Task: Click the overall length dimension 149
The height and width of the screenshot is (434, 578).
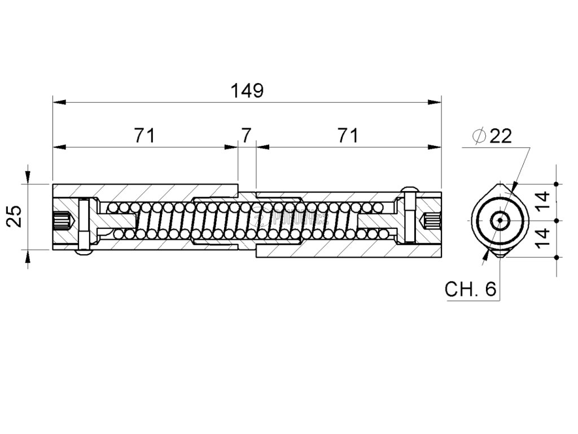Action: (247, 90)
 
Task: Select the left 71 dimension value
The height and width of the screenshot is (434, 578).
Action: (144, 136)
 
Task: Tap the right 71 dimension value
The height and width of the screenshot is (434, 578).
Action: (348, 136)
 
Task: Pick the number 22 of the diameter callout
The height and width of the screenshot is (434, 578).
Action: (500, 136)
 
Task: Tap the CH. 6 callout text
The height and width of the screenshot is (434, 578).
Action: (470, 289)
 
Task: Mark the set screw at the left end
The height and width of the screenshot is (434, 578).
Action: (64, 220)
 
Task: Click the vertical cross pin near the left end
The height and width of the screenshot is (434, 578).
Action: (84, 224)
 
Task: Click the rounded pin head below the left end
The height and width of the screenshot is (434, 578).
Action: (84, 253)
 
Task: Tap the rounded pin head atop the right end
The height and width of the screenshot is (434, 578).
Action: (410, 188)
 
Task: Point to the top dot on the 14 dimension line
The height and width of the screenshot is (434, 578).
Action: (557, 184)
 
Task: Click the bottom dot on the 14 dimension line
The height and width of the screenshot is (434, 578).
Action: (557, 257)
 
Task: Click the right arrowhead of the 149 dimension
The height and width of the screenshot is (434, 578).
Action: (436, 102)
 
